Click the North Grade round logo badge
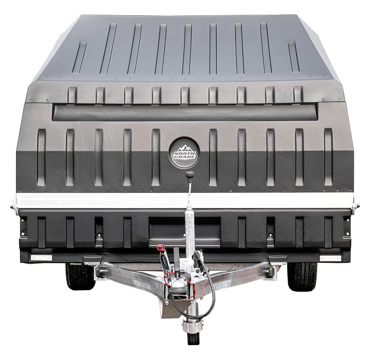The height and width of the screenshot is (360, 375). tap(184, 153)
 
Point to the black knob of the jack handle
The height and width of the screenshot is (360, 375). tap(190, 174)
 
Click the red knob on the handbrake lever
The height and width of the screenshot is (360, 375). tap(160, 247)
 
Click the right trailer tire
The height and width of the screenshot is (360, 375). tap(303, 276)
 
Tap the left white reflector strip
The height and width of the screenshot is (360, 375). tap(41, 258)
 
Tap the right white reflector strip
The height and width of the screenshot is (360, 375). tap(330, 258)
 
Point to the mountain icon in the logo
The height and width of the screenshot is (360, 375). tap(184, 148)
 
